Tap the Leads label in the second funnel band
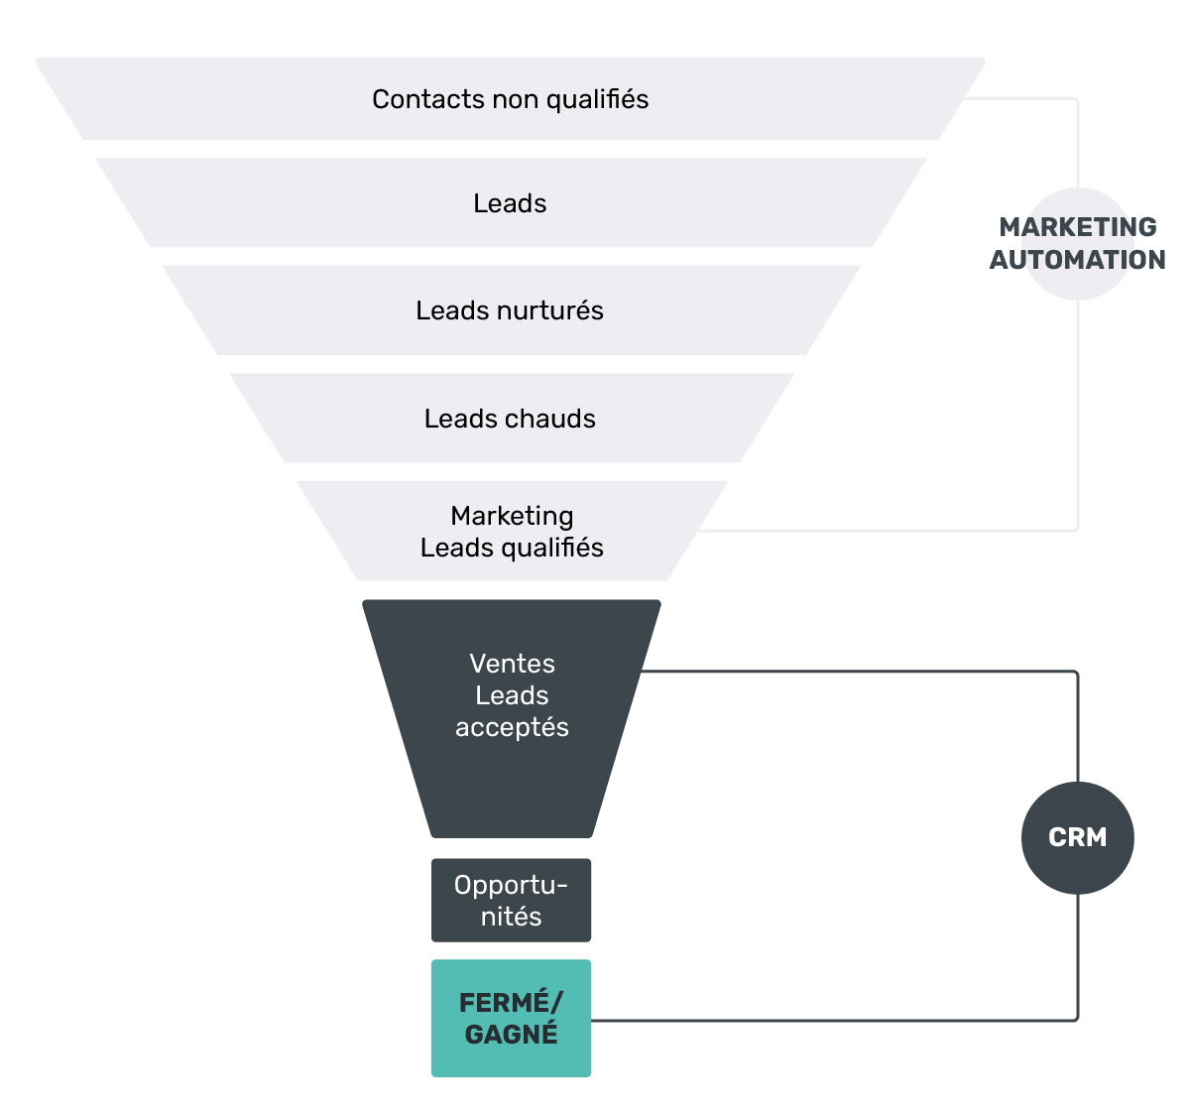click(510, 203)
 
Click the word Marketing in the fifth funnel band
click(513, 516)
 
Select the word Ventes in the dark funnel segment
click(513, 664)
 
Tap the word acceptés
click(513, 728)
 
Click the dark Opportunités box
click(511, 900)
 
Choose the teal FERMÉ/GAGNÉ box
click(511, 1018)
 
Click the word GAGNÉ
click(511, 1035)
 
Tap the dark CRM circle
click(1077, 838)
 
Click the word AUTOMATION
click(1077, 260)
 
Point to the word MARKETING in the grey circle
click(1077, 227)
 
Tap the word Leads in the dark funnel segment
click(513, 695)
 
